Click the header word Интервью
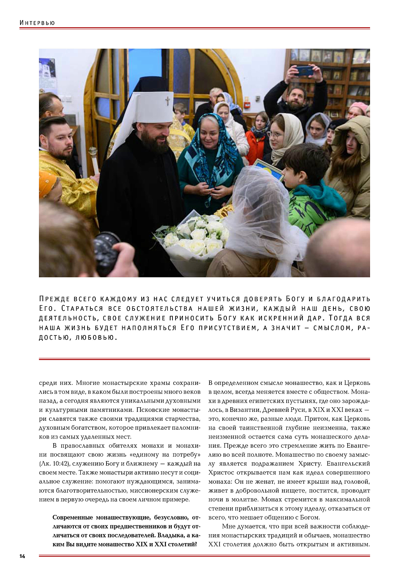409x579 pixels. click(37, 23)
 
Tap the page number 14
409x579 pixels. click(22, 556)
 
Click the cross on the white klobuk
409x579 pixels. click(167, 101)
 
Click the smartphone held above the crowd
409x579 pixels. click(304, 71)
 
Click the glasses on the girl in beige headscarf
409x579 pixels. click(275, 134)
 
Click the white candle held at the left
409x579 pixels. click(94, 160)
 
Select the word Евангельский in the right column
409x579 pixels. click(348, 464)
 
